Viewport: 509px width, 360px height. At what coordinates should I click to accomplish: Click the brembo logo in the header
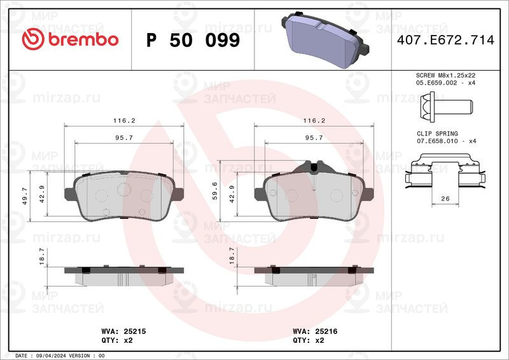point(70,39)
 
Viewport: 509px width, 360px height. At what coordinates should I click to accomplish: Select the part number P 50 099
point(193,40)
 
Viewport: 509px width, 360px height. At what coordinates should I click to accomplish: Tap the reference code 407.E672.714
point(446,40)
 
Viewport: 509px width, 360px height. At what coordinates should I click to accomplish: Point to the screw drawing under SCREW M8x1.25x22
point(447,107)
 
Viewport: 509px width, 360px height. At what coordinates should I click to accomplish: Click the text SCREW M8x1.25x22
point(446,75)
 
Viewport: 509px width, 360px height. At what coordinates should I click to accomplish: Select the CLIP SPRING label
point(437,134)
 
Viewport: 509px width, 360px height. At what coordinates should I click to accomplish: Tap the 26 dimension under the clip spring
point(445,198)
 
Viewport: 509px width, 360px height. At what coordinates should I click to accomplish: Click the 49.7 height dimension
point(25,196)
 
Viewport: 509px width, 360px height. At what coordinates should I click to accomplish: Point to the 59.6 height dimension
point(214,191)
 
